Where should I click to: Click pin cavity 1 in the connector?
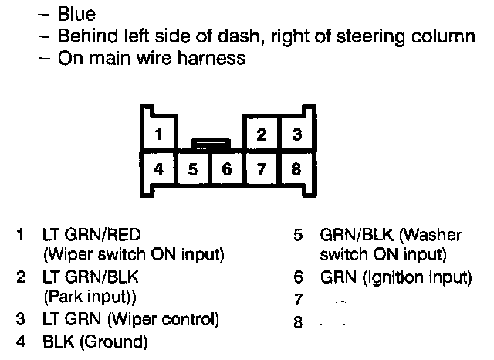(159, 134)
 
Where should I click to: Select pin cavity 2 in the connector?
(262, 134)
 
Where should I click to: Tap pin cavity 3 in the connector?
(296, 134)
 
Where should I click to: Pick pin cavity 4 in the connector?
(159, 168)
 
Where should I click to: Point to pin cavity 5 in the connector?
(193, 168)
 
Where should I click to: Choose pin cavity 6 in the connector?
(227, 168)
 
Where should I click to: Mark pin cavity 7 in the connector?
(262, 168)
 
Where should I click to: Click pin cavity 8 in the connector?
(296, 168)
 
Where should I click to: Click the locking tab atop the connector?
(210, 143)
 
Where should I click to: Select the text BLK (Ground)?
(96, 340)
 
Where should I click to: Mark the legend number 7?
(298, 298)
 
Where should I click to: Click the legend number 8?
(298, 321)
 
